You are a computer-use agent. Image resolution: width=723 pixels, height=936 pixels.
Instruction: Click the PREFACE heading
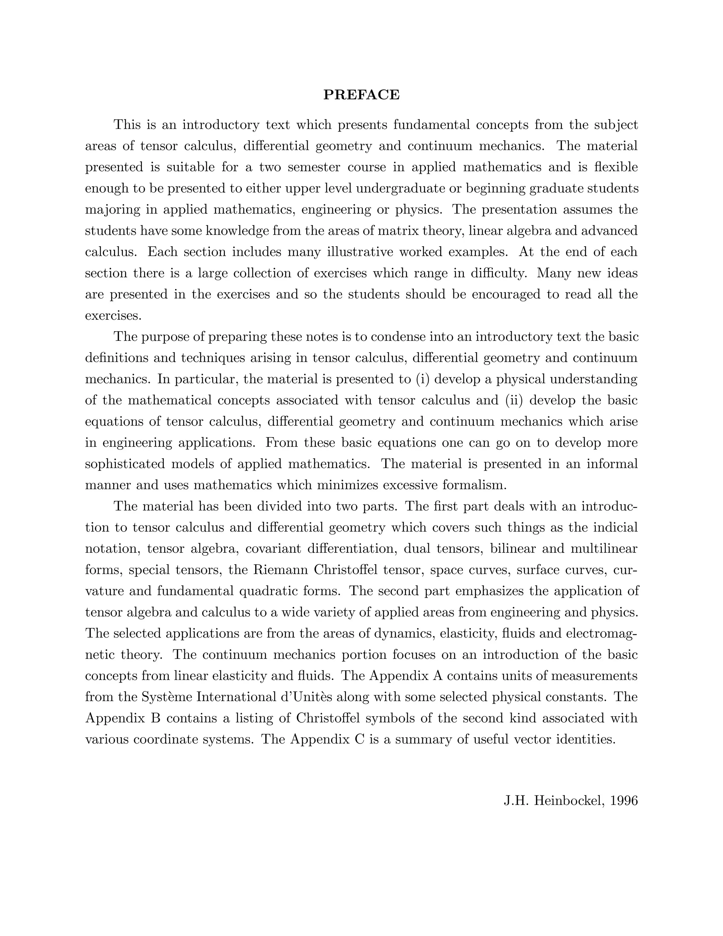[x=361, y=95]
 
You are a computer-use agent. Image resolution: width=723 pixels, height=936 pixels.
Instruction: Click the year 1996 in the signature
[x=625, y=801]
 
